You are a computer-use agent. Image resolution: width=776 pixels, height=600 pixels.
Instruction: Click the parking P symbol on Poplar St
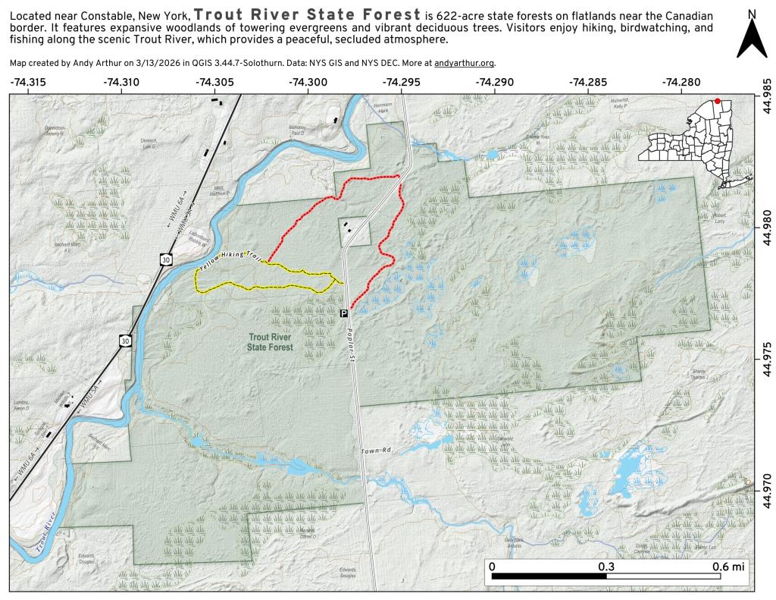click(x=343, y=313)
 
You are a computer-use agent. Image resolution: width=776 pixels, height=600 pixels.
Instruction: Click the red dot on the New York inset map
click(x=717, y=101)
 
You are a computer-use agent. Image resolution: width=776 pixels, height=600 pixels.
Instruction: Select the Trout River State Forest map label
click(x=270, y=341)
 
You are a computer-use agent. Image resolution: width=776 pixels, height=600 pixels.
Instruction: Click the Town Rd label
click(x=375, y=451)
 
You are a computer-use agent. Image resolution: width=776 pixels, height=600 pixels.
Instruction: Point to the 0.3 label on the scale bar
click(x=605, y=567)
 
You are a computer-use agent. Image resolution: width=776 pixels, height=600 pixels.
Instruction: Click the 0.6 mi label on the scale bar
click(x=728, y=567)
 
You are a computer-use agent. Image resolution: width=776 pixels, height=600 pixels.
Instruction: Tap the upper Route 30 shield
click(x=165, y=259)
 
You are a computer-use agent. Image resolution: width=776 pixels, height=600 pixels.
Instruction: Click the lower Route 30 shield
click(x=124, y=341)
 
